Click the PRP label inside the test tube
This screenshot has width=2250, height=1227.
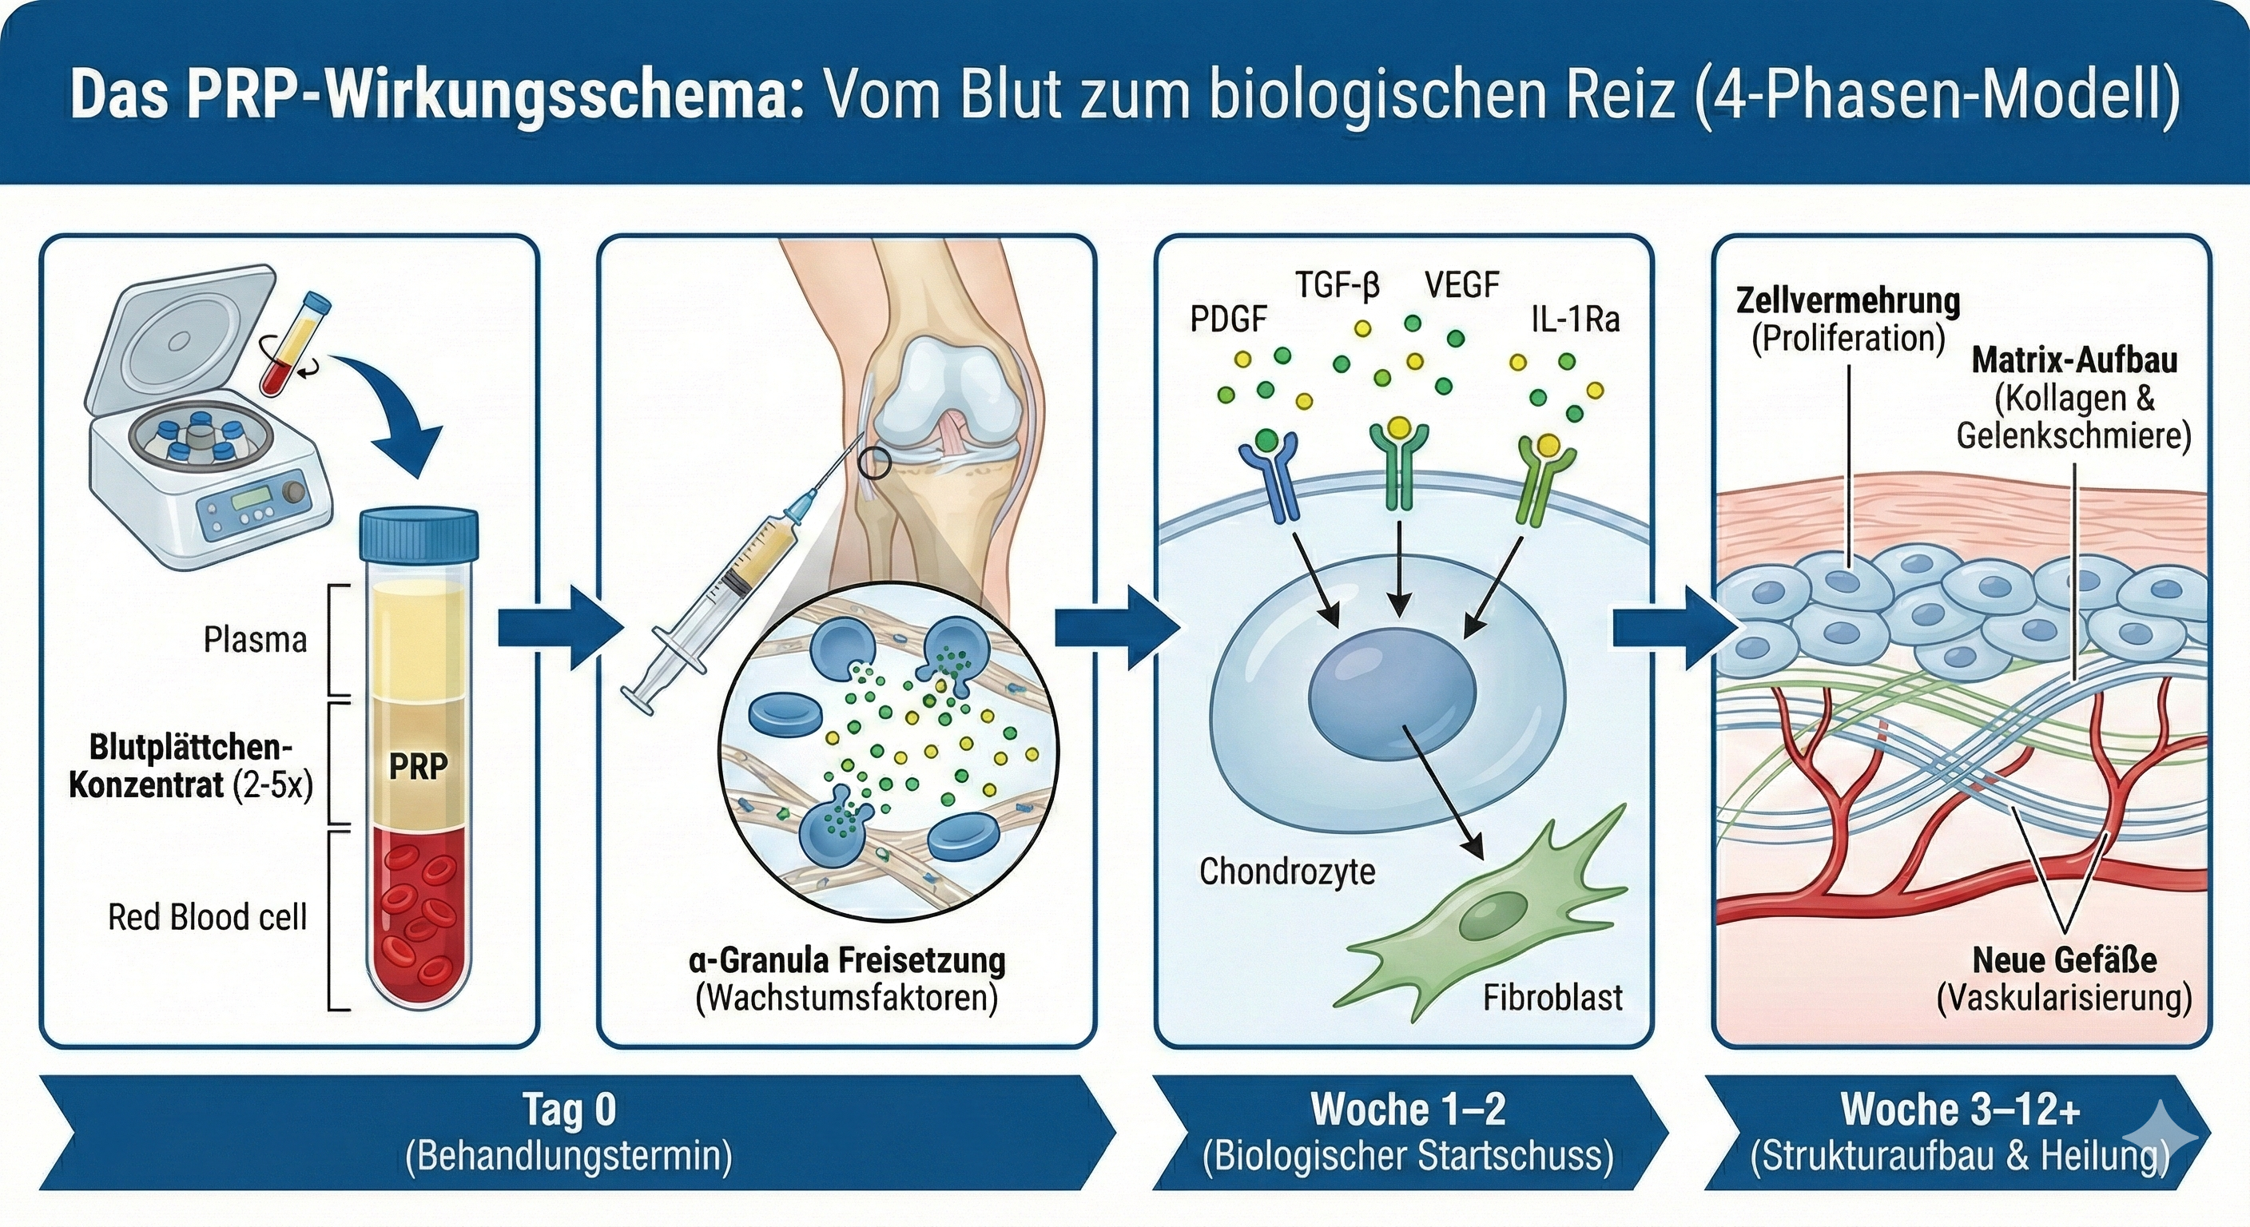(x=419, y=766)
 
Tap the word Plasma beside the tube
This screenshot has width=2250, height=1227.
(x=255, y=640)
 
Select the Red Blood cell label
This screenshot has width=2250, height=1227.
(x=207, y=917)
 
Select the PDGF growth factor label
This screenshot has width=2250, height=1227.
(x=1228, y=320)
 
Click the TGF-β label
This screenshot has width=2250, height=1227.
(x=1338, y=284)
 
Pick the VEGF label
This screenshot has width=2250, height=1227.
(x=1461, y=284)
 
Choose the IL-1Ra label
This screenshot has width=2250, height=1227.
(x=1575, y=320)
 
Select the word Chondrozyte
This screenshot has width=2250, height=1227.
(x=1286, y=871)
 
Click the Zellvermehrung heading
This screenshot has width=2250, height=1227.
(x=1848, y=300)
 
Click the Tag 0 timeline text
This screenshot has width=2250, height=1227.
(x=570, y=1109)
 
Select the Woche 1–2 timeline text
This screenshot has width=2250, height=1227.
(x=1408, y=1109)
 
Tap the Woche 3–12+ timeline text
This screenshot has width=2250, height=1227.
(x=1960, y=1109)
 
